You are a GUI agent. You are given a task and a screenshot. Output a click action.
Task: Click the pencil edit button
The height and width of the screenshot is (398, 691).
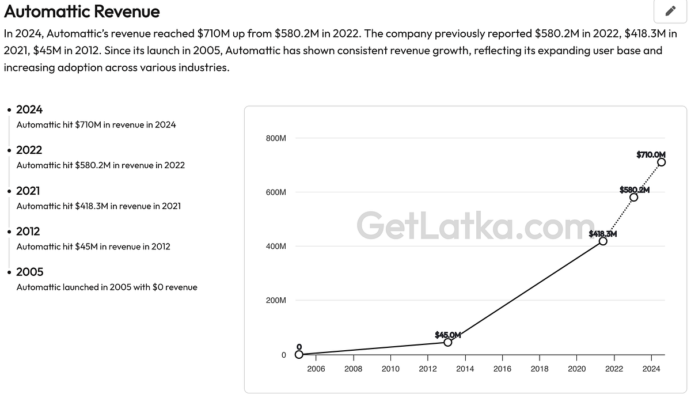pos(670,11)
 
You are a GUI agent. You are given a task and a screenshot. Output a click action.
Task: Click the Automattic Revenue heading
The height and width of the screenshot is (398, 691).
pos(82,12)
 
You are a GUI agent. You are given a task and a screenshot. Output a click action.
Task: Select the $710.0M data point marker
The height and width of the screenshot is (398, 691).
pos(661,162)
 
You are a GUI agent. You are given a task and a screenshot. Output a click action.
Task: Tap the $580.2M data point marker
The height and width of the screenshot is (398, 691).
pos(633,197)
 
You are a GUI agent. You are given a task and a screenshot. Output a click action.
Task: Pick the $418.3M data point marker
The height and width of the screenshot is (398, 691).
pos(602,241)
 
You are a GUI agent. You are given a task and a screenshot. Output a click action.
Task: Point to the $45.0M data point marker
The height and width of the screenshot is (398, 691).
pos(447,342)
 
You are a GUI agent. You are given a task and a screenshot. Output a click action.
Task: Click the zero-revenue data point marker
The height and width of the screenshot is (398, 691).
pos(298,354)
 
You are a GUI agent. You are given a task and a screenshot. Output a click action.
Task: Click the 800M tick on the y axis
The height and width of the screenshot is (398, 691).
pos(276,138)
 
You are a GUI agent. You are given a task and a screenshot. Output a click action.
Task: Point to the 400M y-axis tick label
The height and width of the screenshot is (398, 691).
pos(276,247)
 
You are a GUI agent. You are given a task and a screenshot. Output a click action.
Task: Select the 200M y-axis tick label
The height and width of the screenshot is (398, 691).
pos(276,301)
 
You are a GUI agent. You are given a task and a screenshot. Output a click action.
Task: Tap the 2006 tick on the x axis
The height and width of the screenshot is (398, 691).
pos(316,369)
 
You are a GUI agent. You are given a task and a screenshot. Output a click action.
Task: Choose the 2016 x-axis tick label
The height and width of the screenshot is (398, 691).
pos(502,369)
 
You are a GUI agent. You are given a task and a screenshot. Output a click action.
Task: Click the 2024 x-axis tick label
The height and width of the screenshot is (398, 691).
pos(651,369)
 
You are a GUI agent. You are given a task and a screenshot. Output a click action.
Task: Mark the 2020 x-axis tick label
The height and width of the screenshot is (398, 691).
pos(577,369)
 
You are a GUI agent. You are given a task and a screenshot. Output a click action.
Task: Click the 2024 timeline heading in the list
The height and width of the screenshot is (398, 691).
pos(29,109)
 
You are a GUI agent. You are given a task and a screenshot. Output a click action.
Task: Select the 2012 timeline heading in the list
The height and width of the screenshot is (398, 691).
pos(28,232)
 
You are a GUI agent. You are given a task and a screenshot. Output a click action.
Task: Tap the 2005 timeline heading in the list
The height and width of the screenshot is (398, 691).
pos(29,272)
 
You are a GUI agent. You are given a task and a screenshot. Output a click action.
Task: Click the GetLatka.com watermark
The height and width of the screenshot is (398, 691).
pos(476,225)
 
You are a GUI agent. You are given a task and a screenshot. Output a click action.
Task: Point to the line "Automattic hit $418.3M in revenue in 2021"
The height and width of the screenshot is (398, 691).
pos(98,206)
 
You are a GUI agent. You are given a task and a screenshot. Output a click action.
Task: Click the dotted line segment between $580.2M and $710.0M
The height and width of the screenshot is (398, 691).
pos(647,180)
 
